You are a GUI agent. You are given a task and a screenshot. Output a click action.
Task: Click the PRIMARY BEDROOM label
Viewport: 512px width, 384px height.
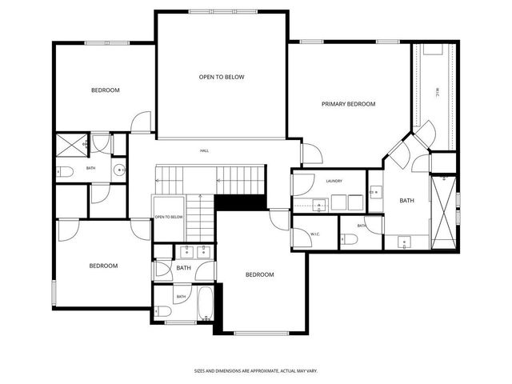click(x=348, y=104)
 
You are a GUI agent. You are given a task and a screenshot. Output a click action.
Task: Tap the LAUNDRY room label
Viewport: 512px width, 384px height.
click(x=334, y=182)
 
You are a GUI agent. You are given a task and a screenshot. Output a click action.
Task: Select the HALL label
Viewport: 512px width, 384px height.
click(x=204, y=150)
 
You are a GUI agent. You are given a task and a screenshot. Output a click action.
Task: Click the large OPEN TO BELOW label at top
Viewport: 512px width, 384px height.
click(x=222, y=77)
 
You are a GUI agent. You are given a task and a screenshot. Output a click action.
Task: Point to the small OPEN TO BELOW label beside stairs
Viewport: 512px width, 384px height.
click(x=169, y=217)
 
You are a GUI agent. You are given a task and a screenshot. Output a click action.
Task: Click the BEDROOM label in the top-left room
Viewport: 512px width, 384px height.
click(x=105, y=90)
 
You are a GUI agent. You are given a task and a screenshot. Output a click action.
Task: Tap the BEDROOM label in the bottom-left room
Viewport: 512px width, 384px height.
click(x=103, y=266)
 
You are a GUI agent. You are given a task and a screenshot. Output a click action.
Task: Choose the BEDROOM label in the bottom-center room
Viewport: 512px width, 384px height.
click(x=259, y=274)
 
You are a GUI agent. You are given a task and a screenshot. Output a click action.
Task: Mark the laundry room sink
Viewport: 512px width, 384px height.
click(x=320, y=205)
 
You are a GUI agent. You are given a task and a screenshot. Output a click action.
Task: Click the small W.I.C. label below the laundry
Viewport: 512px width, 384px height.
click(x=315, y=234)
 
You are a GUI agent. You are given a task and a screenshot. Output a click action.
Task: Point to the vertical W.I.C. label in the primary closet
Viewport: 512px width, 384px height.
click(x=437, y=92)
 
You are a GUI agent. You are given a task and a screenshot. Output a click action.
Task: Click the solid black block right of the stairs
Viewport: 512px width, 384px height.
click(x=240, y=203)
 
